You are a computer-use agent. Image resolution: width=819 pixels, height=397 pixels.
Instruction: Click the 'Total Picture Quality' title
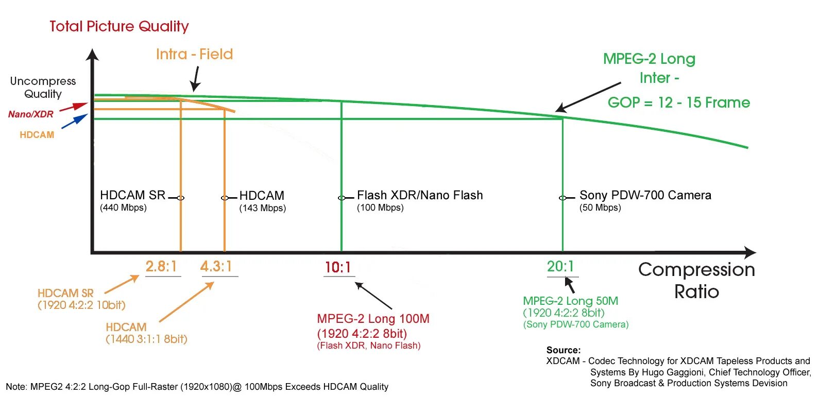(119, 26)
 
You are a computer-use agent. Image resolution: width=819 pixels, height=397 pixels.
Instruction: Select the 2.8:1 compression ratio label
(161, 266)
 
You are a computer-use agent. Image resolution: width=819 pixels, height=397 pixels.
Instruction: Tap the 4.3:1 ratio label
(216, 266)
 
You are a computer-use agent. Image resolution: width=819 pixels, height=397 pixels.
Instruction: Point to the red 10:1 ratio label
(338, 267)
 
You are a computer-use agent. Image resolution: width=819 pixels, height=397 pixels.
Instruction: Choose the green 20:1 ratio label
(560, 266)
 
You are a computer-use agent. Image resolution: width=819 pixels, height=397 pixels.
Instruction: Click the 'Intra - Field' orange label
(194, 54)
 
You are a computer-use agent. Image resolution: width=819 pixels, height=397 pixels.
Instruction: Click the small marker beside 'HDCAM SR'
(180, 198)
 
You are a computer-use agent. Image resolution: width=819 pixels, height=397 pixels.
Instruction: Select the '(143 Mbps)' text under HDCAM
(262, 208)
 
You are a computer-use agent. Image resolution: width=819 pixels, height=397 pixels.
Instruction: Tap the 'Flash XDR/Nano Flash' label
(420, 195)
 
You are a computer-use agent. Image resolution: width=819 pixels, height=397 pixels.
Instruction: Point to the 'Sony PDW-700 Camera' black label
(645, 195)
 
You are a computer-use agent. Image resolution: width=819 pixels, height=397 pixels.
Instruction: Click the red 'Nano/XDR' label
(31, 114)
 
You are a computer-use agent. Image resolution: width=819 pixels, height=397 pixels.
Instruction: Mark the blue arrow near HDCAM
(75, 121)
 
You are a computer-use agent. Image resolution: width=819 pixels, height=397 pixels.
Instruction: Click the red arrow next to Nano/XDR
(73, 107)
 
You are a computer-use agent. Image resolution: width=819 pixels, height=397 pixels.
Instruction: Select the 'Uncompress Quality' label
(43, 88)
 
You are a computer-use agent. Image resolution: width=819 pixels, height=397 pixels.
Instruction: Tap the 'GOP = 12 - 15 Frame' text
(678, 102)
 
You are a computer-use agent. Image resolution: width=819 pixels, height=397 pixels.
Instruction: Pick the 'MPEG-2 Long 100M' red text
(373, 319)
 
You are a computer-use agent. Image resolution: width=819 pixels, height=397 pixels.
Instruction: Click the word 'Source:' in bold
(564, 350)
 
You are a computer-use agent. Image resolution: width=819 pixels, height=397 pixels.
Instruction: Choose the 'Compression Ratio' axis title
(696, 280)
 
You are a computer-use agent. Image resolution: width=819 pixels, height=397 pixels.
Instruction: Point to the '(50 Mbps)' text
(600, 208)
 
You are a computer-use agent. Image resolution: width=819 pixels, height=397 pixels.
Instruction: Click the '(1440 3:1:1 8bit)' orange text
(146, 339)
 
